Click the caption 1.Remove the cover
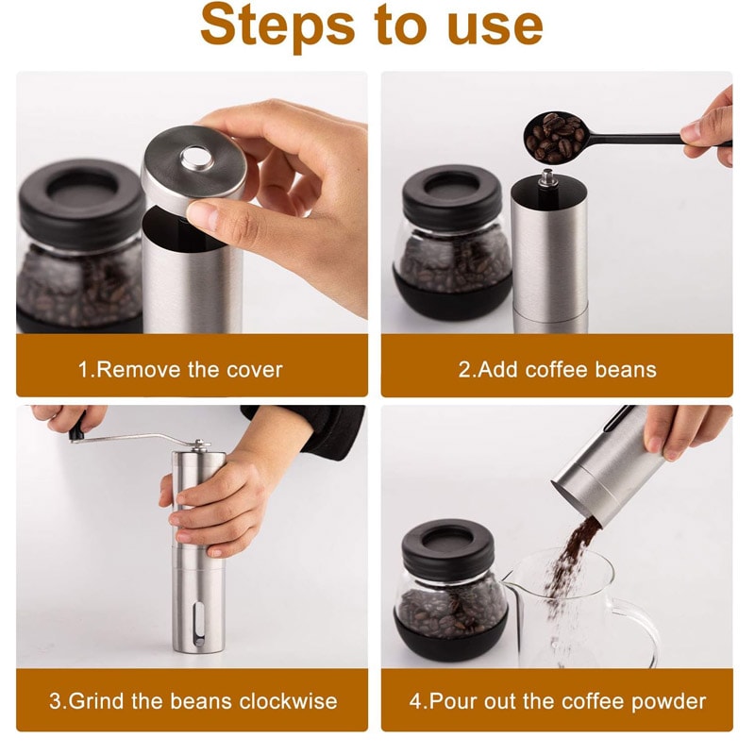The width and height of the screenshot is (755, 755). point(180,369)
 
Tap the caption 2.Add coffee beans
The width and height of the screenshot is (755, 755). point(557,369)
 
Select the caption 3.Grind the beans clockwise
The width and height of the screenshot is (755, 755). point(193,701)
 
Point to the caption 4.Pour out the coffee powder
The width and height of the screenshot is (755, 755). point(557,701)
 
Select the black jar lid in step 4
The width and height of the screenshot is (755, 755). point(448,548)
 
